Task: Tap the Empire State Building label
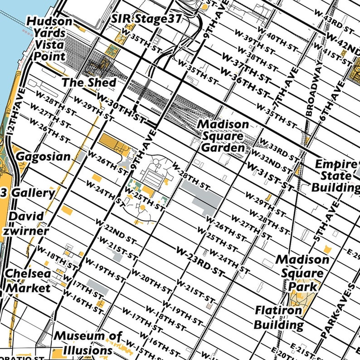coord(335,176)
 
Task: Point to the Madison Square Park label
coord(302,272)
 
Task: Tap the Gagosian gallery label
coord(43,157)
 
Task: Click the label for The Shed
coord(89,83)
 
